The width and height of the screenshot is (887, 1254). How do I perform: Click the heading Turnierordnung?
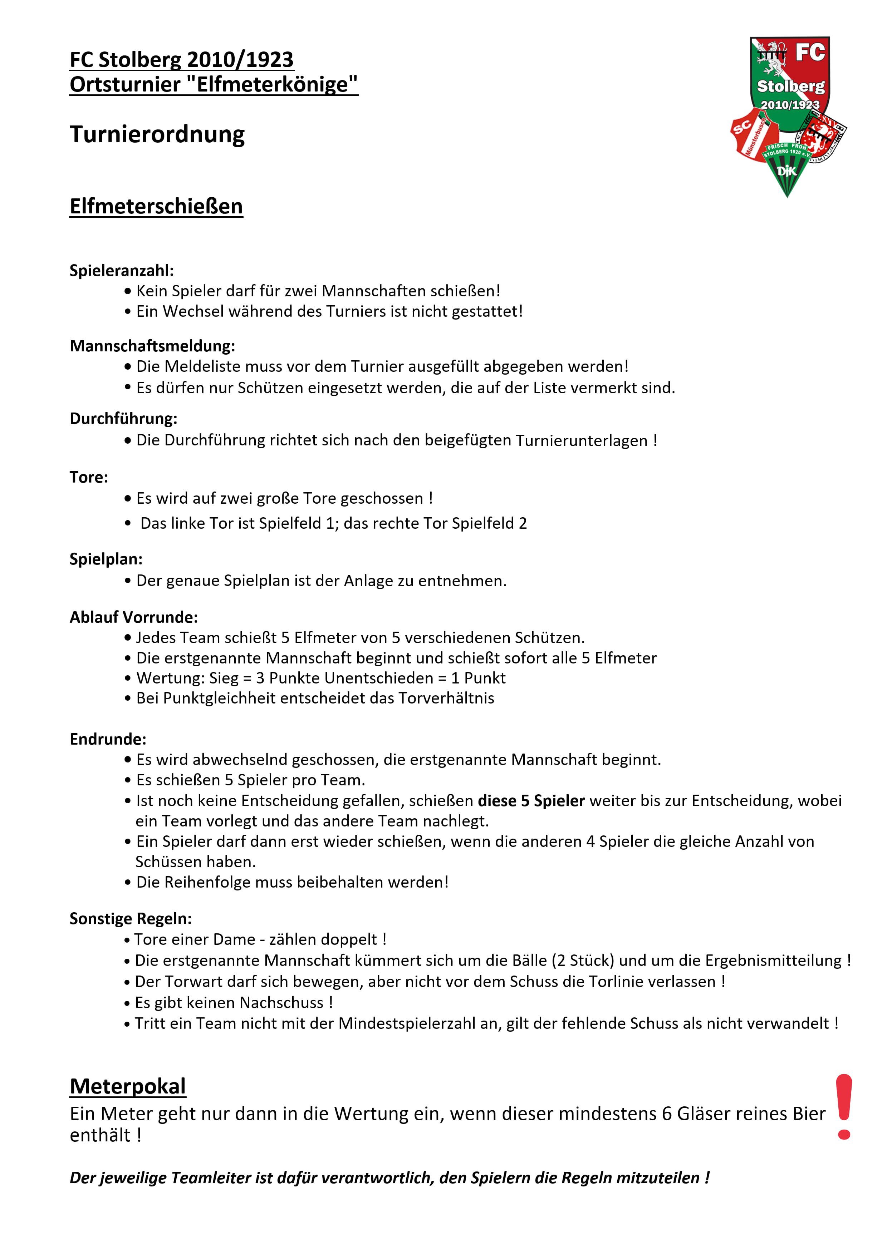pyautogui.click(x=157, y=134)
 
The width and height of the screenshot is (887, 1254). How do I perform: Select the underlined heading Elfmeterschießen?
pyautogui.click(x=156, y=207)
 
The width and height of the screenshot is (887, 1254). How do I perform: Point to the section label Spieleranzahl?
pyautogui.click(x=121, y=270)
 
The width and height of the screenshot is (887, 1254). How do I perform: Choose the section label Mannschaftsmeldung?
pyautogui.click(x=152, y=346)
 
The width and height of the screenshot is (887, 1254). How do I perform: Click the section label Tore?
pyautogui.click(x=89, y=477)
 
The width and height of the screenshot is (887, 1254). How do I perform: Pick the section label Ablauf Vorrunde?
pyautogui.click(x=133, y=617)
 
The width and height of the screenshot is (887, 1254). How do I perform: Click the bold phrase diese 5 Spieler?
pyautogui.click(x=531, y=801)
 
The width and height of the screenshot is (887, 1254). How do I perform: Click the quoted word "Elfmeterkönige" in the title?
pyautogui.click(x=276, y=84)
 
